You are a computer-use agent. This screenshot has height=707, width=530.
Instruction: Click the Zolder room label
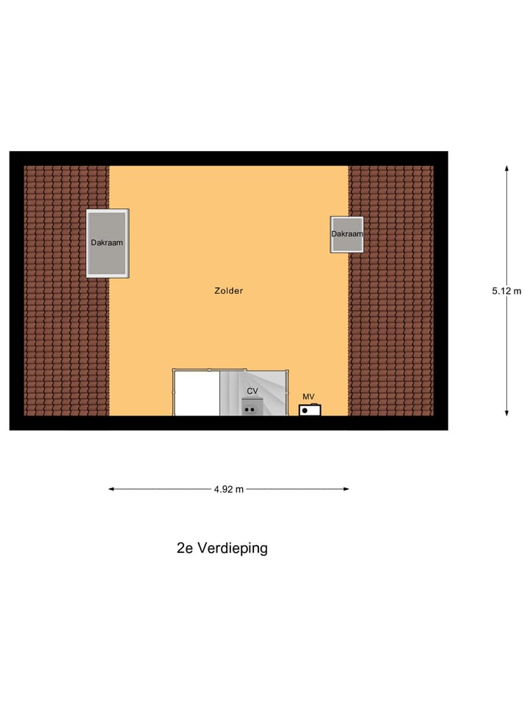[x=228, y=291]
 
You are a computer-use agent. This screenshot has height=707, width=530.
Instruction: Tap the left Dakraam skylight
[x=107, y=243]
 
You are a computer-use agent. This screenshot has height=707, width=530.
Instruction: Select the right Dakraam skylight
[x=347, y=234]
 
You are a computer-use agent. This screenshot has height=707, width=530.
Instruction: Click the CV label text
[x=252, y=391]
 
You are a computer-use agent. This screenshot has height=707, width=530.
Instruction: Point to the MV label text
[x=308, y=397]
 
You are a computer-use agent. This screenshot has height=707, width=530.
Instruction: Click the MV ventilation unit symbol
[x=309, y=410]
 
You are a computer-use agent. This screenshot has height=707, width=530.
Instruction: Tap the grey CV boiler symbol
[x=251, y=407]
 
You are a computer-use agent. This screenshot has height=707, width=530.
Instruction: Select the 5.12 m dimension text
[x=506, y=291]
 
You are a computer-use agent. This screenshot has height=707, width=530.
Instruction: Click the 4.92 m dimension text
[x=228, y=489]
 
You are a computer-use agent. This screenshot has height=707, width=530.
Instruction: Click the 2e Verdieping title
[x=222, y=548]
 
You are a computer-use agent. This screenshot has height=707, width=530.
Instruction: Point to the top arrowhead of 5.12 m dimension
[x=506, y=169]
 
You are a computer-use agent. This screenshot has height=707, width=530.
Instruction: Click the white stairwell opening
[x=197, y=393]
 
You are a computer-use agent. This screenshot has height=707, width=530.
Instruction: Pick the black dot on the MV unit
[x=305, y=411]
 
